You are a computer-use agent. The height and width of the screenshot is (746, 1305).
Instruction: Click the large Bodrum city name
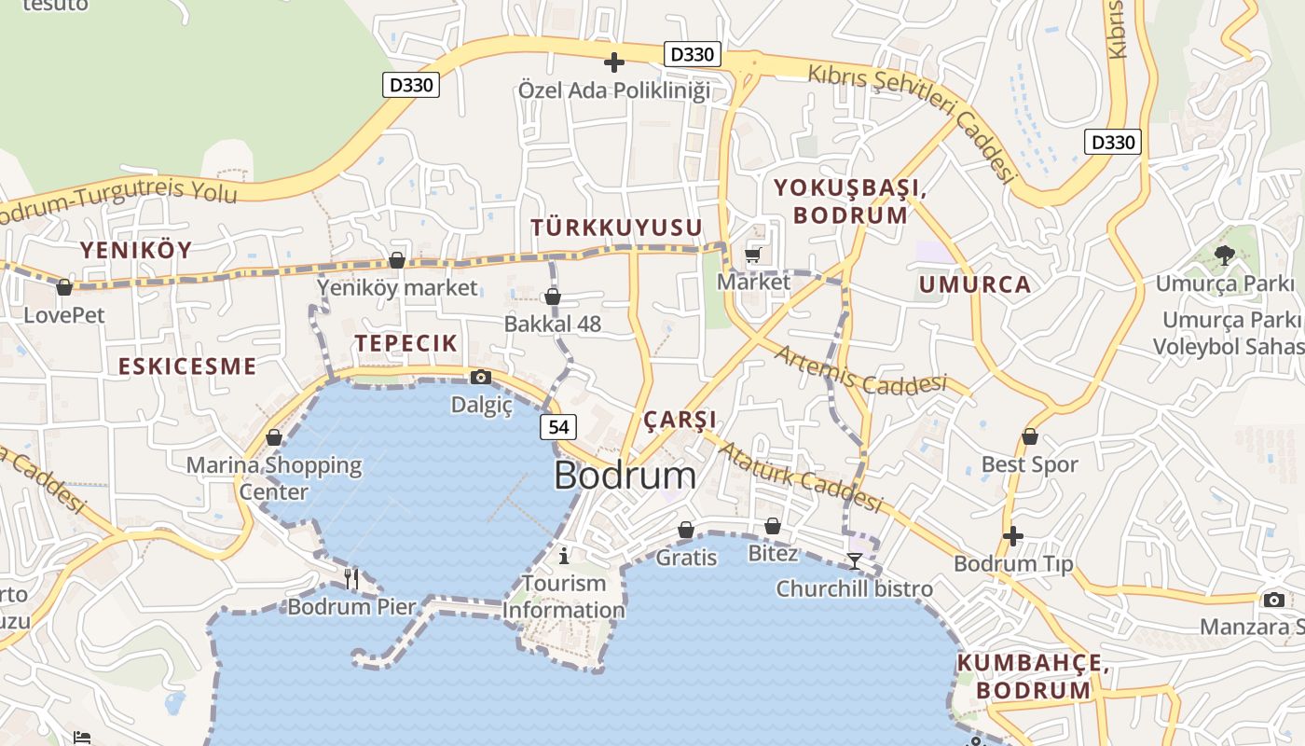pos(625,476)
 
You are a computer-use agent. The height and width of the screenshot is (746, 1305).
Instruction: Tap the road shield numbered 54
pos(558,427)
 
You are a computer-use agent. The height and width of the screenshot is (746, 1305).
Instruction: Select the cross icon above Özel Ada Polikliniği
pos(614,62)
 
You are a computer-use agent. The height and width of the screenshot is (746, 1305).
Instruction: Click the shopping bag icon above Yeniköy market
pos(397,260)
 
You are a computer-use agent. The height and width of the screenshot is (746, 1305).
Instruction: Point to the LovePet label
pos(64,314)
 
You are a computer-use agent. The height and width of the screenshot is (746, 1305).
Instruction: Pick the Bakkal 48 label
pos(553,324)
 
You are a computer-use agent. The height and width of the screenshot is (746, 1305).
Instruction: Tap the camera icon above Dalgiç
pos(481,377)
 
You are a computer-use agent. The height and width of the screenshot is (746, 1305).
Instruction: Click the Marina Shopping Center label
pos(274,477)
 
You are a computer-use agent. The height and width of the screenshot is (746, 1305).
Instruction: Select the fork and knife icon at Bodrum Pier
pos(351,579)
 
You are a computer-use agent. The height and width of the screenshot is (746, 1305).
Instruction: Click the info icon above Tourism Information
pos(564,557)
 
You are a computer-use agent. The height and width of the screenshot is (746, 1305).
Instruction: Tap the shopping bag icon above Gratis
pos(686,530)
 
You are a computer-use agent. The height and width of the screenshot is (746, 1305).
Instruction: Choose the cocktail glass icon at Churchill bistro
pos(855,560)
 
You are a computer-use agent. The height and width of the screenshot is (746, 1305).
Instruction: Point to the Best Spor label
pos(1029,464)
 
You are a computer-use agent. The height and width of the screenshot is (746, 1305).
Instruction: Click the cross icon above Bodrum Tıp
pos(1013,536)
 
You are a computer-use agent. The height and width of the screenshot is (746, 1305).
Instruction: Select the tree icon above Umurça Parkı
pos(1225,256)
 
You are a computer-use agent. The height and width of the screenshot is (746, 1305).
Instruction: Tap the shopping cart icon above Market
pos(753,255)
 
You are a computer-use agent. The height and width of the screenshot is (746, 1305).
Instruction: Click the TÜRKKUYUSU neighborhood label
pos(616,228)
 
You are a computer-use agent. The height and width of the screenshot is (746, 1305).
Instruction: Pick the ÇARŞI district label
pos(680,419)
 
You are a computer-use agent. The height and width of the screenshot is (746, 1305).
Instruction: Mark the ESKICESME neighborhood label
pos(187,366)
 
